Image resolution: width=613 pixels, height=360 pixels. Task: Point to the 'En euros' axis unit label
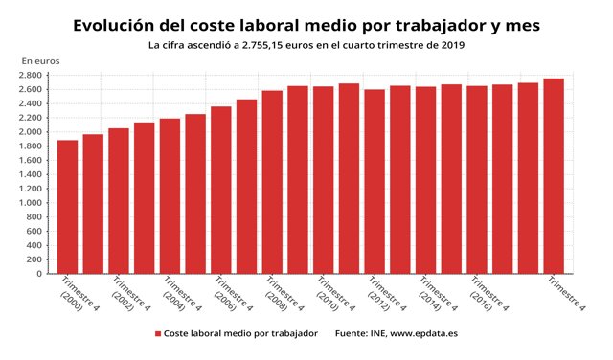40,61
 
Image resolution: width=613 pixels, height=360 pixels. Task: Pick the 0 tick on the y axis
39,274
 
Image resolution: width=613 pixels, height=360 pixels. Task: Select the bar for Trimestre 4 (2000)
67,207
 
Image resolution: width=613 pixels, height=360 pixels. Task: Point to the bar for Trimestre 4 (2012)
375,182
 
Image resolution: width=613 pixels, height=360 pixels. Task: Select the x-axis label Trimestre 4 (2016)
488,298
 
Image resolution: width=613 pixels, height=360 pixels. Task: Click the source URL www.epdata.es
424,334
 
